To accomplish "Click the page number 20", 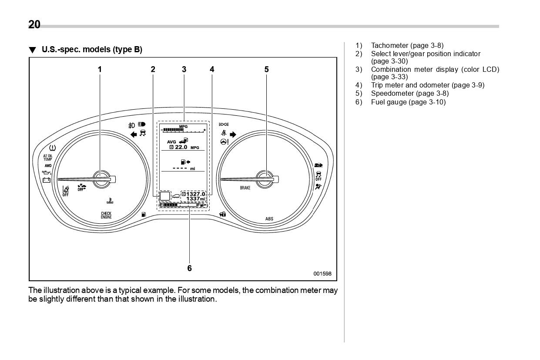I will click(x=34, y=25).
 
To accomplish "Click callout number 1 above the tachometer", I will click(x=100, y=69).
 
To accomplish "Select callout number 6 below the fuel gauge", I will click(x=189, y=268).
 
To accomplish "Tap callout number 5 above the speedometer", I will click(x=266, y=69).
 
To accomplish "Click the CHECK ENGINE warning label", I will click(x=106, y=215).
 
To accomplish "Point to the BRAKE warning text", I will click(x=245, y=188).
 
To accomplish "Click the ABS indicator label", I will click(x=269, y=219).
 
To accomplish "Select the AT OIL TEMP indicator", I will click(x=47, y=158).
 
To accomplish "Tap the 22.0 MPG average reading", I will click(x=184, y=148).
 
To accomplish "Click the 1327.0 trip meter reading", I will click(x=195, y=194).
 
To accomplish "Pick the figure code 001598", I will click(x=322, y=274).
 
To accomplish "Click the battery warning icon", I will click(x=46, y=180).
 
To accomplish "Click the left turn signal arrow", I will click(x=134, y=134).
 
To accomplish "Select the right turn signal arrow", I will click(x=233, y=134).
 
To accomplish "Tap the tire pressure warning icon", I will click(x=52, y=148).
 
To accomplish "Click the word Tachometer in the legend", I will click(x=389, y=45).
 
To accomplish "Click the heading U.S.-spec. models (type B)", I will click(x=92, y=49).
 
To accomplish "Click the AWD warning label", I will click(x=48, y=166).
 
